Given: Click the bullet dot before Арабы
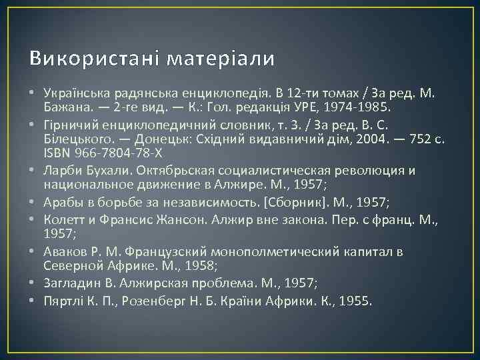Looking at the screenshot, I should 32,202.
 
